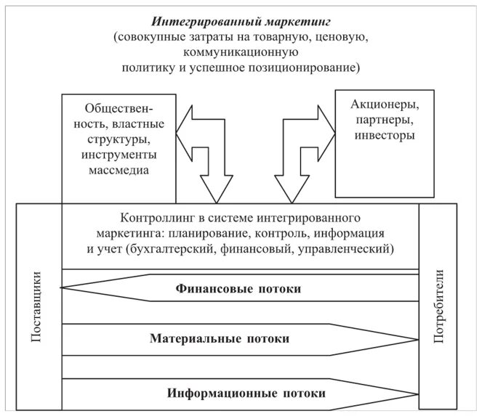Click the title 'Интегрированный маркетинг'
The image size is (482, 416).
239,20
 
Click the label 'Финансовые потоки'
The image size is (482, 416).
238,289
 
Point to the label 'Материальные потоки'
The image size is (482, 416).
220,338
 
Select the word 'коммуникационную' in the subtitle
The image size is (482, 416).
241,52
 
